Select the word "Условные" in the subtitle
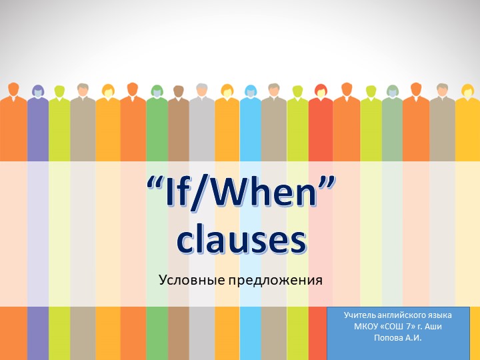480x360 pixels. tap(191, 280)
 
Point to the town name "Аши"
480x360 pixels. tap(433, 325)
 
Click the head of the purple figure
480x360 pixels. tap(38, 91)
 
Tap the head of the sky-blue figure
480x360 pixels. tap(251, 91)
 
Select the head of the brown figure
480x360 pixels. tap(178, 91)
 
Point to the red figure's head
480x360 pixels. tap(321, 90)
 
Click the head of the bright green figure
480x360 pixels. tap(157, 91)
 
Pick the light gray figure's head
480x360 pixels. tap(201, 89)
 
